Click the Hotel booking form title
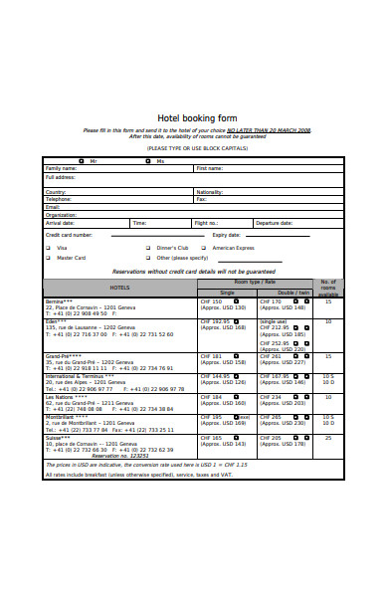coord(193,115)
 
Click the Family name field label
coord(62,168)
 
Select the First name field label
coord(210,168)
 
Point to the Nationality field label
coord(210,191)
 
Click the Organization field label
coord(61,214)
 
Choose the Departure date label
coord(274,223)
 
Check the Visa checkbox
coord(48,247)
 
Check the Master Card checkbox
coord(48,258)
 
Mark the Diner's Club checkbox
coord(148,247)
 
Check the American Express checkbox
coord(204,247)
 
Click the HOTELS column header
coord(119,288)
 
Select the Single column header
coord(227,293)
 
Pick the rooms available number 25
coord(328,437)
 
